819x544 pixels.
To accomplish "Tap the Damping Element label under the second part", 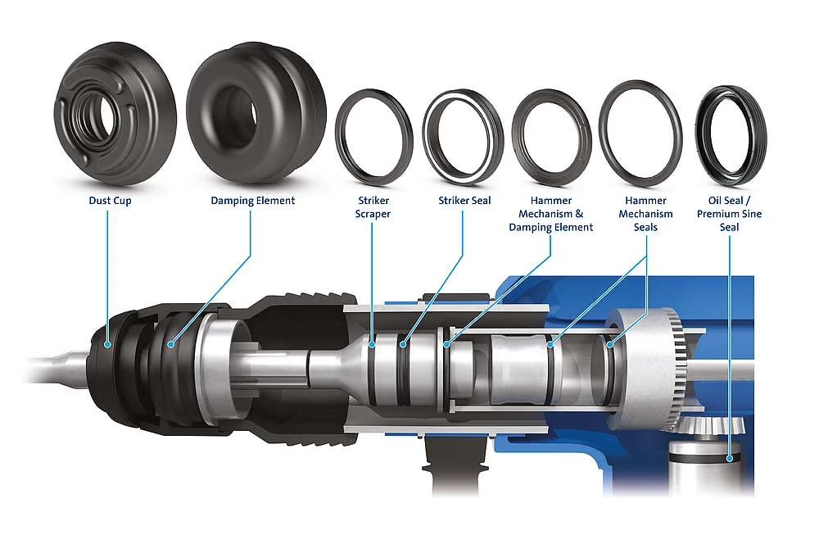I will click(252, 200).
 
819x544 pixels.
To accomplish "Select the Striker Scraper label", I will click(373, 207).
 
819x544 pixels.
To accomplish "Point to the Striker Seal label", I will click(463, 200).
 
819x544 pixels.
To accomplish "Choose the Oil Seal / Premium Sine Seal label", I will click(729, 214).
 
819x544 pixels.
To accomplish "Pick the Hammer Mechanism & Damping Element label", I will click(551, 214).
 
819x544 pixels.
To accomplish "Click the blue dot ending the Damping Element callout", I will click(171, 344).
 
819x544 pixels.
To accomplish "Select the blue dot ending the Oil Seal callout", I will click(729, 459).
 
